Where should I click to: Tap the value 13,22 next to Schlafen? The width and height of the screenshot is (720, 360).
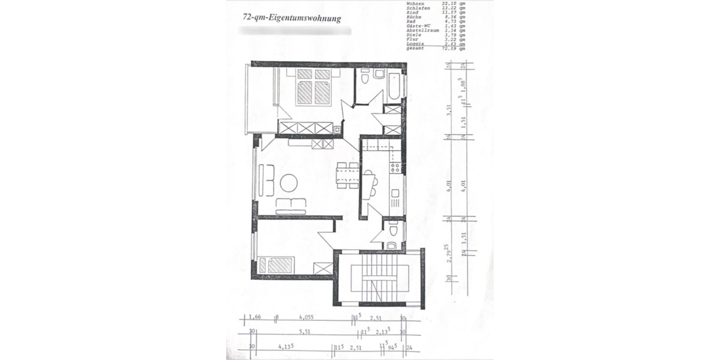point(448,8)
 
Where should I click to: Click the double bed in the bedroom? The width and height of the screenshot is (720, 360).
point(313,87)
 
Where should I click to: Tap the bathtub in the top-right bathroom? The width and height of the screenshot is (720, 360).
point(395,86)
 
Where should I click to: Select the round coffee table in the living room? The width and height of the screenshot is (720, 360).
point(289,182)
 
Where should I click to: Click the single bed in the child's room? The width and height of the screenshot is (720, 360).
point(275,265)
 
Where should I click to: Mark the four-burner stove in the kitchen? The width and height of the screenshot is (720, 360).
point(395,168)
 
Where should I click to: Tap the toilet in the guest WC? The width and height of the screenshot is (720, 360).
point(394,231)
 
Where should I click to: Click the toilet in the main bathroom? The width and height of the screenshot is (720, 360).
point(379,74)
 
